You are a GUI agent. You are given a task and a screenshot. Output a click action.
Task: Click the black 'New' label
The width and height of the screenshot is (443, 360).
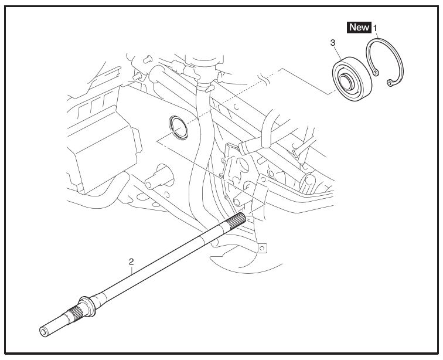coord(359,27)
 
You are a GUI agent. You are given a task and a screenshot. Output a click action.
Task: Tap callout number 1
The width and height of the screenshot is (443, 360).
coord(376,27)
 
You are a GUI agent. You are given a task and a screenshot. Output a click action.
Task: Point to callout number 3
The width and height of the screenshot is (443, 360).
coord(333,43)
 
